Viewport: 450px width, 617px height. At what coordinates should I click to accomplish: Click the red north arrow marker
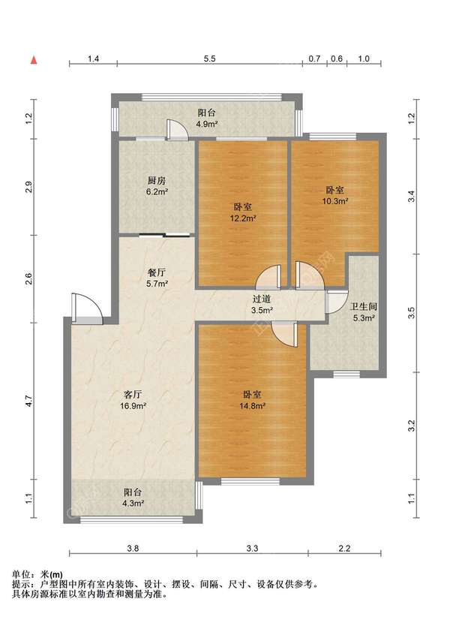pos(34,60)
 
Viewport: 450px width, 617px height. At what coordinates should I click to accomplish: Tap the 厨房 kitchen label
pos(157,181)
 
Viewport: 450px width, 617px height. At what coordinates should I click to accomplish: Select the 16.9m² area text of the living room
pos(133,406)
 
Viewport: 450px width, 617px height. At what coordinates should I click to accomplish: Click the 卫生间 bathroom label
pos(364,306)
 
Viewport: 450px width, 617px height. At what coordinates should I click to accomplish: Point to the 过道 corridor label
pos(262,299)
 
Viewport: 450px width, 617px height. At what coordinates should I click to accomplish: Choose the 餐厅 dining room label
pos(157,272)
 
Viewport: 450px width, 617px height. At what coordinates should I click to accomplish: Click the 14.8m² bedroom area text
pos(252,406)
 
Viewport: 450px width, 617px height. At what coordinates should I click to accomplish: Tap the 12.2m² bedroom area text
pos(243,218)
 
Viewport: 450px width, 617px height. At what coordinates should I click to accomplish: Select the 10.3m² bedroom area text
pos(334,201)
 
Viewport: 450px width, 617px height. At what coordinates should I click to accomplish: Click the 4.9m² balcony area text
pos(207,124)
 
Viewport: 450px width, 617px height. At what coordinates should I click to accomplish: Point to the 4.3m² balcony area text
pos(133,503)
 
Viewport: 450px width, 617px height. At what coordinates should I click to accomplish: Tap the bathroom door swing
pos(337,302)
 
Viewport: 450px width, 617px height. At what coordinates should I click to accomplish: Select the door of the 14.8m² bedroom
pos(285,335)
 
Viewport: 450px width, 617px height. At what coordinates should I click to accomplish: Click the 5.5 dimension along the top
pos(209,59)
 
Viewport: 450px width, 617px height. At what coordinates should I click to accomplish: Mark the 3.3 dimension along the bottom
pos(252,548)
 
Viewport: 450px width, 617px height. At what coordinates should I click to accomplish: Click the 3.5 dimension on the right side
pos(412,313)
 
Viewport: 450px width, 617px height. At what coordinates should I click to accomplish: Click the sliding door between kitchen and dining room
pos(165,235)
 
